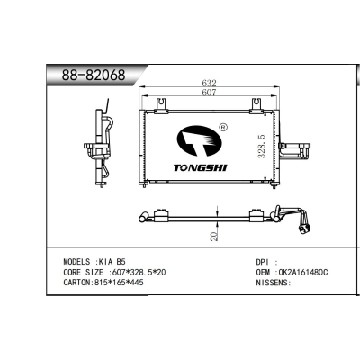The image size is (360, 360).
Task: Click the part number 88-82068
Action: click(87, 75)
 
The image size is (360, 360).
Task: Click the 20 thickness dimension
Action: click(213, 235)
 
